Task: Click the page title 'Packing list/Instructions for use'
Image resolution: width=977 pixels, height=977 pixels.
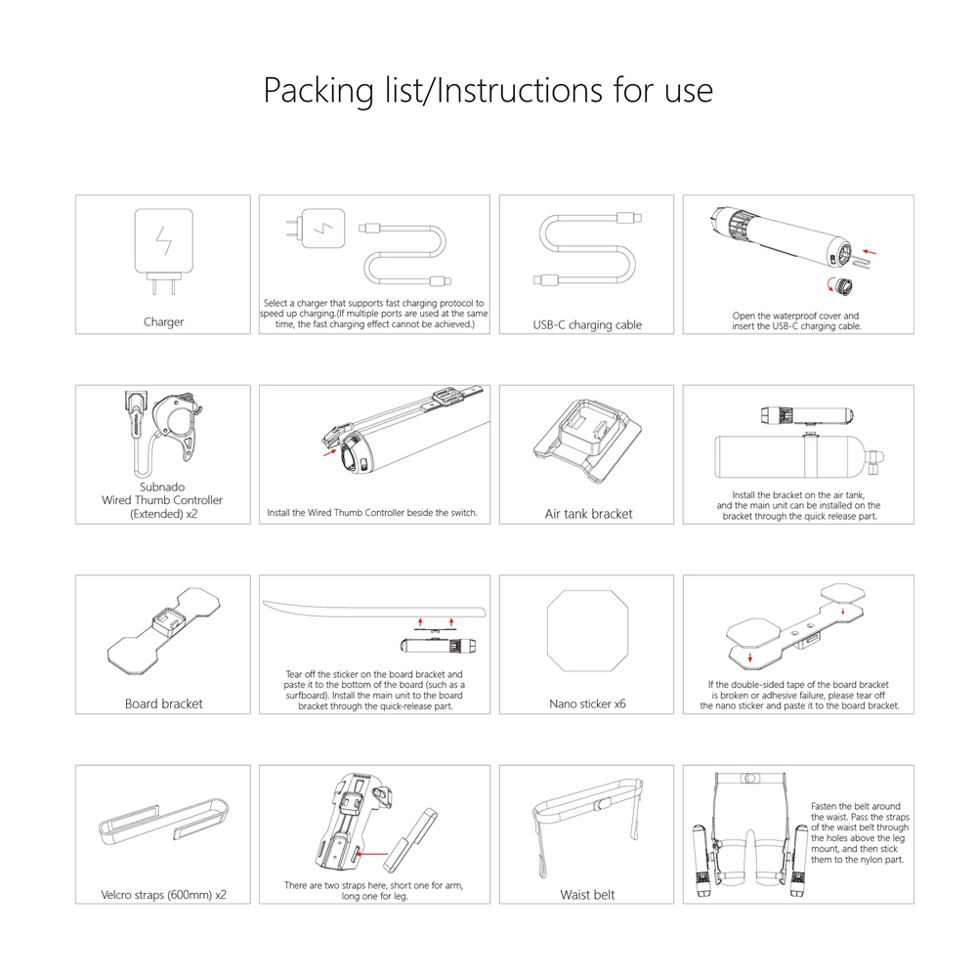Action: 488,90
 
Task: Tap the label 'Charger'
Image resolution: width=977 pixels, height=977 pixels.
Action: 163,321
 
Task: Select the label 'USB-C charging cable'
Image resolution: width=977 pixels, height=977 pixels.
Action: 588,324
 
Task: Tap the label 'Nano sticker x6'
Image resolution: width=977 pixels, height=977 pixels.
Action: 587,703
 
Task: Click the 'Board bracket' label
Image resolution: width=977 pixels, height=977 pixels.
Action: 163,703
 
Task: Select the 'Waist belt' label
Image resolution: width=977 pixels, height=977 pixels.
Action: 587,894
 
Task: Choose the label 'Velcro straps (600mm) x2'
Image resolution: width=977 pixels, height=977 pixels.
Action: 163,894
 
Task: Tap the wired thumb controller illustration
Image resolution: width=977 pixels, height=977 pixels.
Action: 166,425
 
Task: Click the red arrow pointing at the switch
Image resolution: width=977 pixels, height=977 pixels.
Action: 323,451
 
